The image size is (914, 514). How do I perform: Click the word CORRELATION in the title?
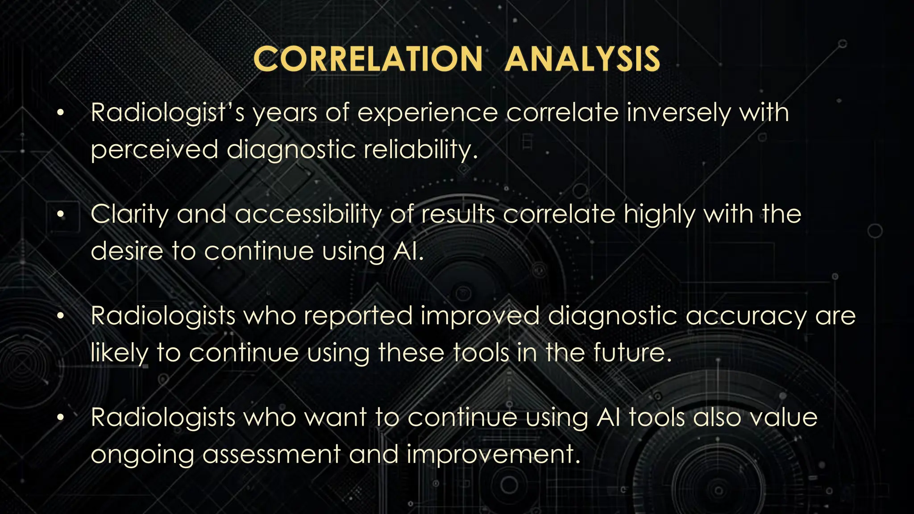click(368, 59)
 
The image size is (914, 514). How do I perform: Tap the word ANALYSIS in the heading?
click(582, 59)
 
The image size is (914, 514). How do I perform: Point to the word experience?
click(427, 113)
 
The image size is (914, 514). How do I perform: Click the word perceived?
click(154, 150)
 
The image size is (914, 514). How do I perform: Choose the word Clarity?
click(129, 215)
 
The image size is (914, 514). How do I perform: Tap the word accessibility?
click(308, 215)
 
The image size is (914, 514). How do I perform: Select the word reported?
click(358, 316)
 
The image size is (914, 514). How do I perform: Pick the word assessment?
click(271, 454)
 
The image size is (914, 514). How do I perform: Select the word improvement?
click(493, 455)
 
